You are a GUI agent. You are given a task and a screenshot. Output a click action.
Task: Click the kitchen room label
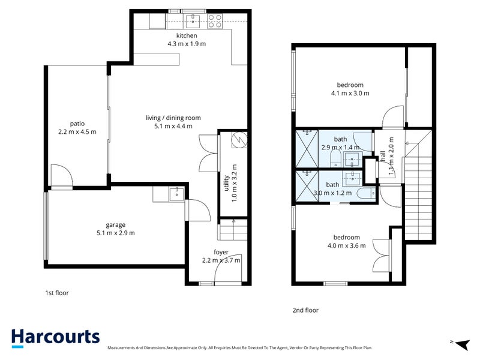(x=187, y=35)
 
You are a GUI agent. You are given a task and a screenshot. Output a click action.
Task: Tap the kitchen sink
(x=193, y=22)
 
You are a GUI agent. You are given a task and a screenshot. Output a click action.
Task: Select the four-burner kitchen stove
(x=215, y=22)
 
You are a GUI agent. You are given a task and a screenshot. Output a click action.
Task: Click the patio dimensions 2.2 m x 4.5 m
(x=77, y=132)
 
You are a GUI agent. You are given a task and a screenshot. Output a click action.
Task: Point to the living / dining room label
(x=173, y=118)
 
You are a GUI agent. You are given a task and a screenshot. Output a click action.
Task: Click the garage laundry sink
(x=176, y=194)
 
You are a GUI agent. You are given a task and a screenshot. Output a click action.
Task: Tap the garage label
(x=115, y=225)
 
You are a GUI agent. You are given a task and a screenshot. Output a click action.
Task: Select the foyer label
(x=221, y=252)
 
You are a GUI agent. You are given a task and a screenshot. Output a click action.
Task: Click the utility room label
(x=227, y=183)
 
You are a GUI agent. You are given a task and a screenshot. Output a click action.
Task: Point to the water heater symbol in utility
(x=239, y=140)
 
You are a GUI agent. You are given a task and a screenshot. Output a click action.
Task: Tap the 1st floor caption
(x=57, y=293)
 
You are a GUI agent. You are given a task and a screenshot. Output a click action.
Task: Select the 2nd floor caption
(x=305, y=310)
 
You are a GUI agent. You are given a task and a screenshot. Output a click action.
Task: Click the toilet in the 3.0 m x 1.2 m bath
(x=367, y=193)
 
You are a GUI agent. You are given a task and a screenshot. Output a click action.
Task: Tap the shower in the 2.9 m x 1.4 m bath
(x=307, y=149)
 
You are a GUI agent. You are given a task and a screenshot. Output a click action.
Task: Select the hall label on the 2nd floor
(x=383, y=156)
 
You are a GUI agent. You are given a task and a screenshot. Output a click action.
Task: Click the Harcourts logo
(x=55, y=338)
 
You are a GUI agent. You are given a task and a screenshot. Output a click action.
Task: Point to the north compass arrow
(x=463, y=344)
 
